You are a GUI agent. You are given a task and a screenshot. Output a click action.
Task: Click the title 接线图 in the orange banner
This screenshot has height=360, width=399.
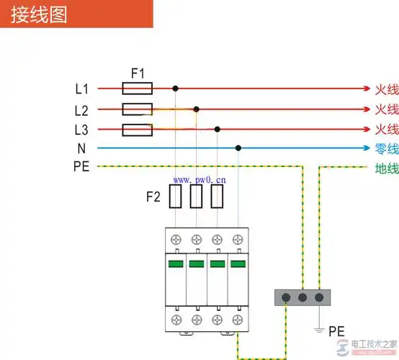click(x=40, y=15)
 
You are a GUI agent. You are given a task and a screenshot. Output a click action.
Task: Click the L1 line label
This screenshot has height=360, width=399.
click(x=81, y=89)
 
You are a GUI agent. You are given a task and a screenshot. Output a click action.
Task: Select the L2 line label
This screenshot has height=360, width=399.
click(x=81, y=110)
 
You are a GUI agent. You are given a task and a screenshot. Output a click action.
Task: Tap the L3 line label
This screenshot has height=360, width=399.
click(x=81, y=130)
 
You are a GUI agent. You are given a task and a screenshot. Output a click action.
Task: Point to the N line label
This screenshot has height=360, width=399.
click(x=81, y=148)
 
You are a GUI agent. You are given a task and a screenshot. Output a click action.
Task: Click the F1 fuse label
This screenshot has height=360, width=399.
click(x=137, y=73)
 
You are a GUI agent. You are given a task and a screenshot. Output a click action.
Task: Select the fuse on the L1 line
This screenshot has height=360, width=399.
click(x=137, y=89)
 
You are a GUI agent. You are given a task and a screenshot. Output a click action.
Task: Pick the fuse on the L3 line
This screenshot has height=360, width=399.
click(x=137, y=130)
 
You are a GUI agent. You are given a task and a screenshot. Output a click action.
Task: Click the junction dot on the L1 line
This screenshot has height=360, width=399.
click(x=175, y=89)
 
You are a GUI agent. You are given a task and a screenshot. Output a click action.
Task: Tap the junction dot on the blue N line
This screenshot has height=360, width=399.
click(x=238, y=148)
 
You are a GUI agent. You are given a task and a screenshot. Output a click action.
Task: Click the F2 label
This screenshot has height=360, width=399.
click(x=153, y=196)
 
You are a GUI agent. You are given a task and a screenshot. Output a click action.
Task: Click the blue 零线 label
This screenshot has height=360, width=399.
click(x=386, y=149)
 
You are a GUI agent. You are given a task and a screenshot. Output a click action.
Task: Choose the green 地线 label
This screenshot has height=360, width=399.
click(x=386, y=169)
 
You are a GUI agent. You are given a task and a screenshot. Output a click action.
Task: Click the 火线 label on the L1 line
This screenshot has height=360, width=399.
click(x=386, y=89)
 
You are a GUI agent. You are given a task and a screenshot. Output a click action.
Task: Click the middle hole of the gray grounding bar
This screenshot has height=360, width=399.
click(x=302, y=297)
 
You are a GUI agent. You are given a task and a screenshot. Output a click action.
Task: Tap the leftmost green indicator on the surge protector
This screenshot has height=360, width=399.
click(x=176, y=264)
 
